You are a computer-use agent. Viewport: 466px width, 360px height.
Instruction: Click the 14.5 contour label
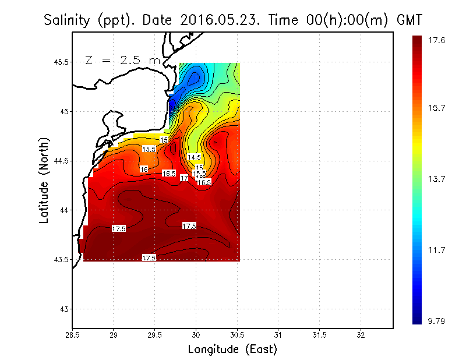[194, 157]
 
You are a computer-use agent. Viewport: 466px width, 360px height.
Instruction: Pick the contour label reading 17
[184, 178]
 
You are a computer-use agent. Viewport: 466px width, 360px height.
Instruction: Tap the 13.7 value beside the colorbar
[437, 179]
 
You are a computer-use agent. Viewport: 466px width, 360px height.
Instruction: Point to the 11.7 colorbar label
[437, 250]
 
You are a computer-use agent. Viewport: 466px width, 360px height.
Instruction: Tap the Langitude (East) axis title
[232, 350]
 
